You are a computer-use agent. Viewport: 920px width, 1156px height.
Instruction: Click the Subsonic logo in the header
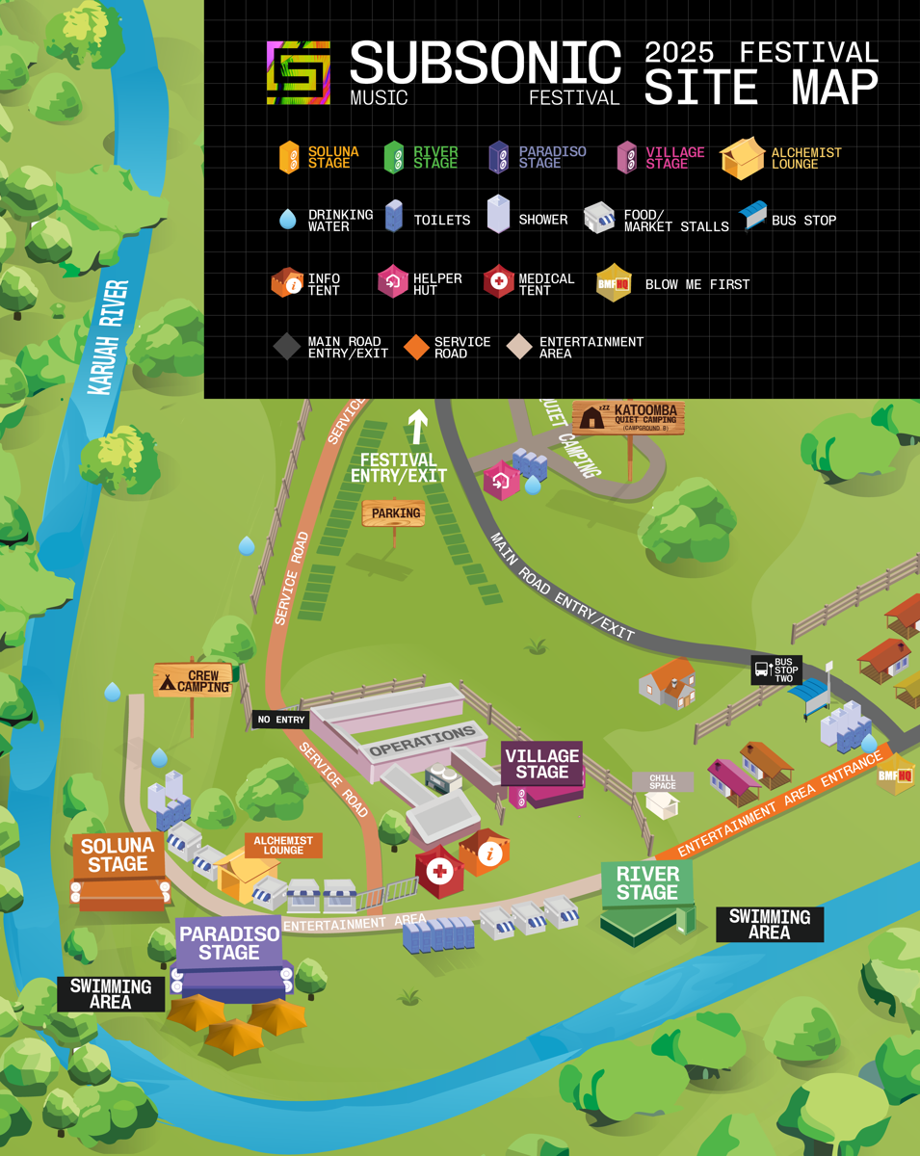pos(299,72)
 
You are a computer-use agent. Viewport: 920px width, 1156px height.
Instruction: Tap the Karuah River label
pos(109,337)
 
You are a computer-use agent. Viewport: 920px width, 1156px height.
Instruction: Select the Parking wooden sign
pos(394,513)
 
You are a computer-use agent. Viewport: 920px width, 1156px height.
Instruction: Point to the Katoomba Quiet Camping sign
pos(629,418)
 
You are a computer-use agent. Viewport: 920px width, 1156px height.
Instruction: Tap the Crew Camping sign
pos(193,680)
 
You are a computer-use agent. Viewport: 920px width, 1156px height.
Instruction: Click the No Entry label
pos(280,720)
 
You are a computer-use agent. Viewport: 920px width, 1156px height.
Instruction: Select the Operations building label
pos(423,741)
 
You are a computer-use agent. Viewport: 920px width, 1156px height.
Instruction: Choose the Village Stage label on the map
pos(541,763)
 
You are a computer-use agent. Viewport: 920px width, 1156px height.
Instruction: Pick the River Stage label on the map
pos(647,882)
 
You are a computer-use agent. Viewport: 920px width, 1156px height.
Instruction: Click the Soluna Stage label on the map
pos(118,854)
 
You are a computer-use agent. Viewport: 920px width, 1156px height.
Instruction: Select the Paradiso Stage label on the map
pos(229,943)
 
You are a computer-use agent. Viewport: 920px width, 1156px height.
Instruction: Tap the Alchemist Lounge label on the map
pos(283,845)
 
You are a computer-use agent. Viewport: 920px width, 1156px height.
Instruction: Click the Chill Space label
pos(663,780)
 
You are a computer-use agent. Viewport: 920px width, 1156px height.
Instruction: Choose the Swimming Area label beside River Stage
pos(769,924)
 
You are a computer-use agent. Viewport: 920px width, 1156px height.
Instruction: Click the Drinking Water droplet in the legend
pos(288,220)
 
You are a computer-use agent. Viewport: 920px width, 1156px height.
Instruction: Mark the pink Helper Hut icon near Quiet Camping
pos(501,480)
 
